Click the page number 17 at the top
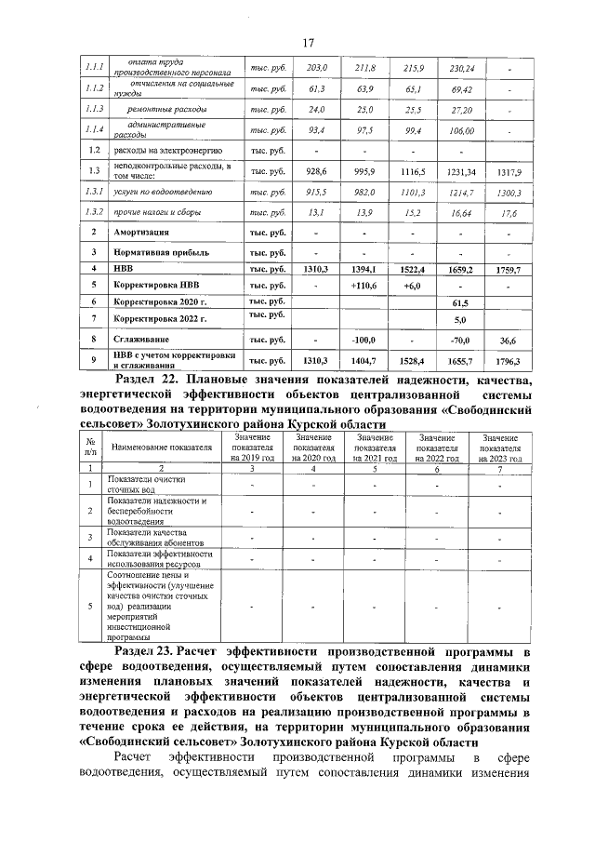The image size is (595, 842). (x=308, y=41)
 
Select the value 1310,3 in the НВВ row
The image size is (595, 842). (x=316, y=268)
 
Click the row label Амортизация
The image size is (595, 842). (x=141, y=232)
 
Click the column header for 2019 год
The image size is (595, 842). (x=253, y=448)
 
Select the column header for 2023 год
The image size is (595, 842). (x=500, y=448)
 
